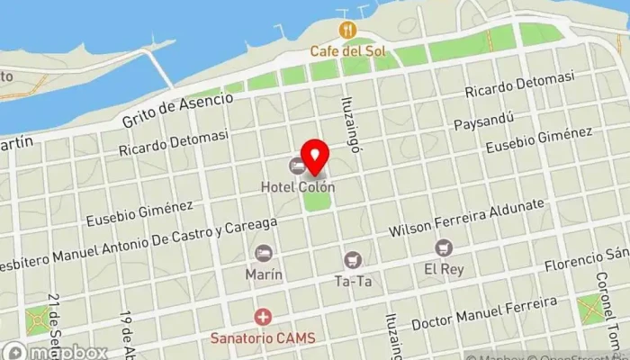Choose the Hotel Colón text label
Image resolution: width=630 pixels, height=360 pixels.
coord(298,187)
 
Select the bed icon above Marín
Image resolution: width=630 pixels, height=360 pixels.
coord(264,253)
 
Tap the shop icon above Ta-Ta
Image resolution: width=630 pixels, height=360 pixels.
coord(353,259)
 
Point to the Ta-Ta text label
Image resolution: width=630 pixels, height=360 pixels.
coord(353,281)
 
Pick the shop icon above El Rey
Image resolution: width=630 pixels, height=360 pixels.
coord(442,247)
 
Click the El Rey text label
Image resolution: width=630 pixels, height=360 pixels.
coord(442,268)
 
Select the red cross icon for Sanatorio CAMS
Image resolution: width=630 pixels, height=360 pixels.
coord(263,317)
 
